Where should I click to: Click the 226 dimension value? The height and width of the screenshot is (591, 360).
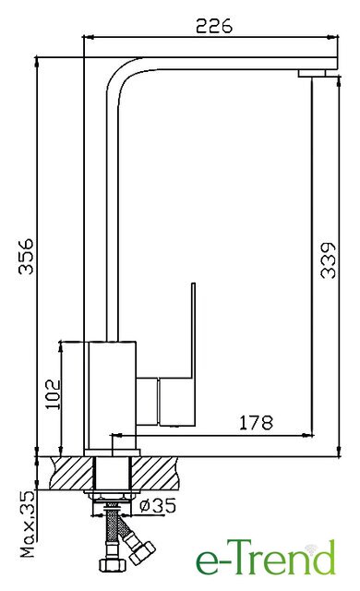(214, 26)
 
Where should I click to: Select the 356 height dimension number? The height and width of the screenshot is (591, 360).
(27, 256)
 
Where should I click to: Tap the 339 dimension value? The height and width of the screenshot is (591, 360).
(328, 260)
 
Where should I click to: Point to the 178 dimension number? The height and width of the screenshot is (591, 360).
(256, 423)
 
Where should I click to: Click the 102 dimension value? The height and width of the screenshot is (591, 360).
(53, 394)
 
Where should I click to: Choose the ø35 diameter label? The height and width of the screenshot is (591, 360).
(158, 505)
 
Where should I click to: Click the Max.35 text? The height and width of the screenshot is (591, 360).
(28, 524)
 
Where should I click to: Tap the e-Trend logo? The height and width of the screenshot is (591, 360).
(265, 559)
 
